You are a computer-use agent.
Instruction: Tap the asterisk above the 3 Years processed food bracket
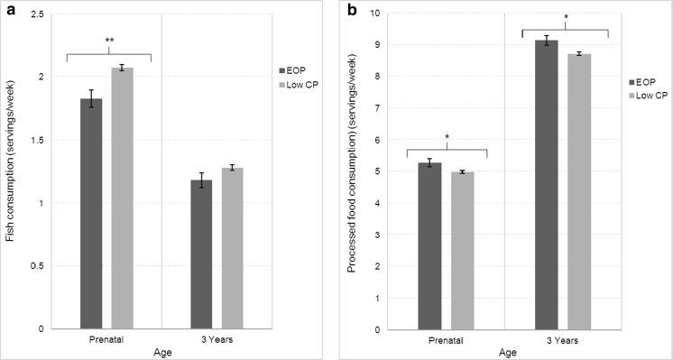coord(564,17)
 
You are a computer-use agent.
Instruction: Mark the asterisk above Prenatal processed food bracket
coord(447,137)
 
